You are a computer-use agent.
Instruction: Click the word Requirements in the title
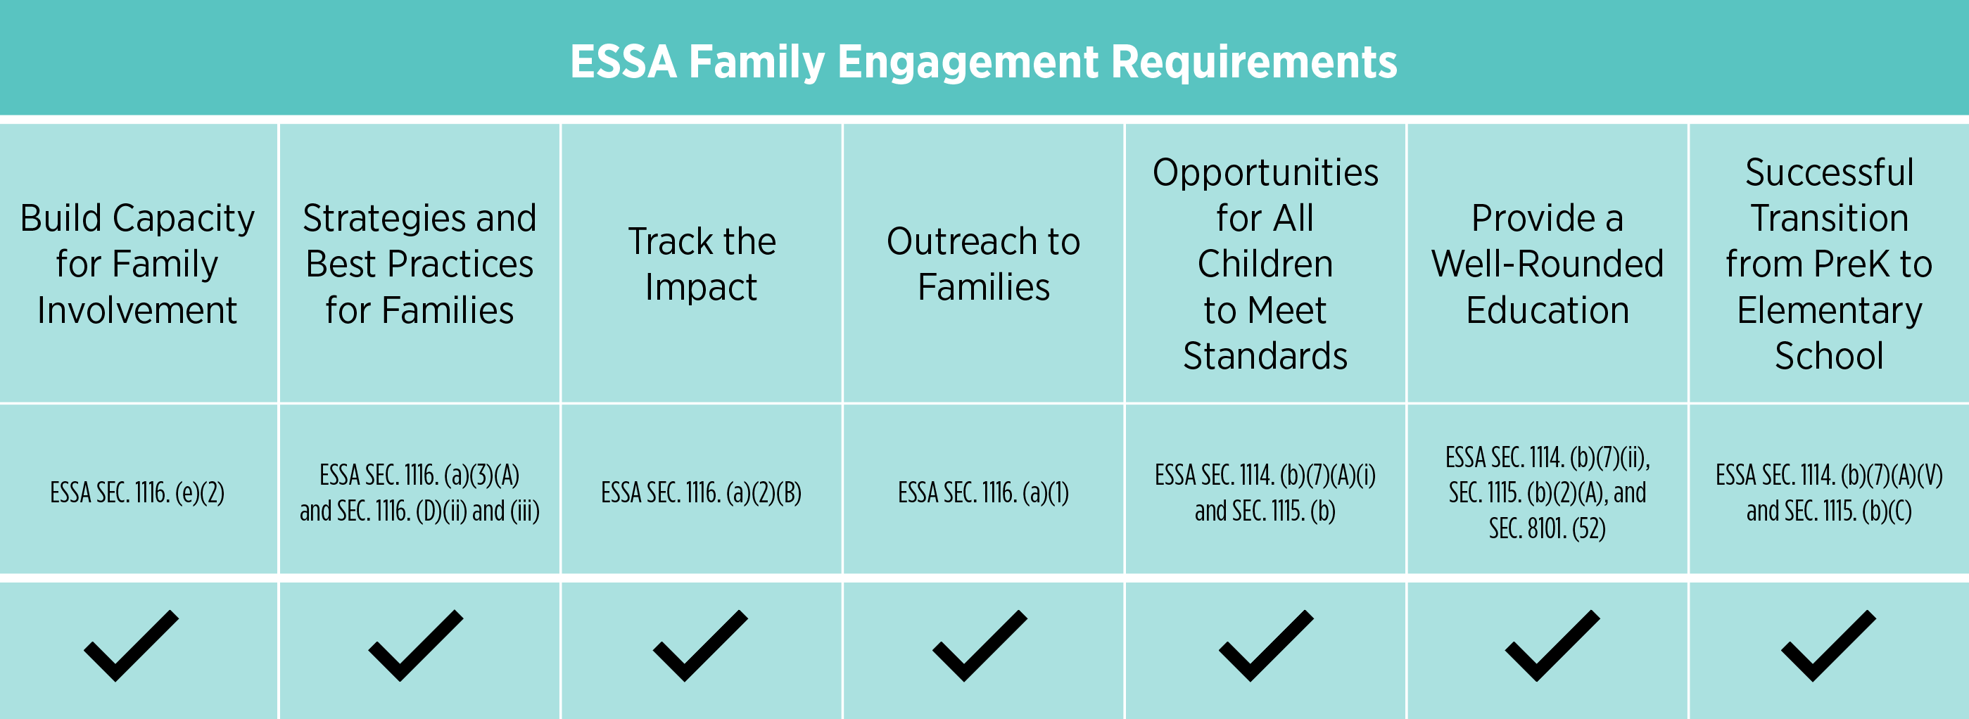coord(1254,62)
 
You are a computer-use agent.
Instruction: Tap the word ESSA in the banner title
coord(623,61)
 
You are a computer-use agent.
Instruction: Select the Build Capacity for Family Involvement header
coord(138,264)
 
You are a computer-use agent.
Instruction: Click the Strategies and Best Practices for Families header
coord(419,264)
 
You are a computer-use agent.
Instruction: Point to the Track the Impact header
coord(702,264)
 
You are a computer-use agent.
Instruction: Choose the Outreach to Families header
coord(984,264)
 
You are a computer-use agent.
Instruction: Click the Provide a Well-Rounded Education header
coord(1548,264)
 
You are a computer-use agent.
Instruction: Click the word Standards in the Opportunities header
coord(1266,356)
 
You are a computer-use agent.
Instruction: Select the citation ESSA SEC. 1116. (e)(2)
coord(138,493)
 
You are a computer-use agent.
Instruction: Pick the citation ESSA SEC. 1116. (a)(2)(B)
coord(702,493)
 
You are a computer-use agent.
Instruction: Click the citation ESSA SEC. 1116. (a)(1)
coord(984,493)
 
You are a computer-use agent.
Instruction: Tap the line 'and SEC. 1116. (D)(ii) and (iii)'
coord(419,511)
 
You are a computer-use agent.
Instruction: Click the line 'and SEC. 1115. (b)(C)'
coord(1829,511)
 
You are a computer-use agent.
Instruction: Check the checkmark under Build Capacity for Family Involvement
coord(132,647)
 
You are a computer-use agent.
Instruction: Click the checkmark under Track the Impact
coord(700,647)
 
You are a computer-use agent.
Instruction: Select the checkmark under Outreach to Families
coord(980,647)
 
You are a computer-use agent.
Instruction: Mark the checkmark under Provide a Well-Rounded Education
coord(1552,647)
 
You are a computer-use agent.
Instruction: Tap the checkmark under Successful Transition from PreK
coord(1828,647)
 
